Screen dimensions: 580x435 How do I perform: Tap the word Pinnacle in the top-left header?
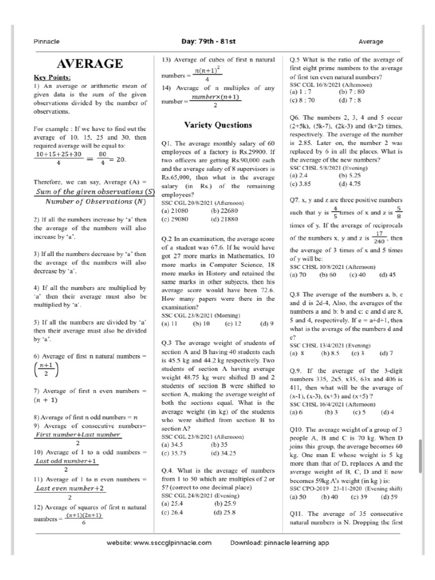pos(44,41)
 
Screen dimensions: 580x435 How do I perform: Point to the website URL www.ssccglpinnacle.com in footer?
pos(159,542)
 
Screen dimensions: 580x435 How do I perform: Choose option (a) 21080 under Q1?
pos(174,210)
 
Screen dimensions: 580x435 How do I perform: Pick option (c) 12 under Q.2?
pos(233,323)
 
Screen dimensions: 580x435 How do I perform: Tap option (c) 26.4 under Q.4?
pos(173,512)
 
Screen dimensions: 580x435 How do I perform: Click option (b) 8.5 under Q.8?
pos(329,353)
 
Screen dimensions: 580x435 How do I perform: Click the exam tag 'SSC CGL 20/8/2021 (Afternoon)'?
pos(202,202)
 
